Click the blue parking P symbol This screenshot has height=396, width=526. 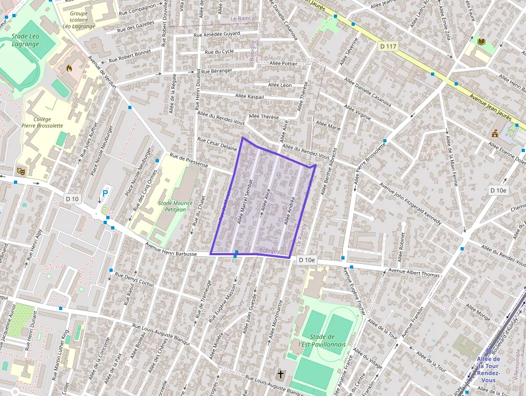pos(105,193)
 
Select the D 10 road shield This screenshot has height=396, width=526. pos(72,199)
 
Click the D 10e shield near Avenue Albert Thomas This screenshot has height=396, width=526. pos(307,260)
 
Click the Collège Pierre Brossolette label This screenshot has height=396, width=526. pos(42,122)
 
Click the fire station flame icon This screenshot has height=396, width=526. pos(69,68)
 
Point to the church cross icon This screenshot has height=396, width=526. pos(280,373)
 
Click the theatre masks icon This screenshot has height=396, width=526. pos(21,171)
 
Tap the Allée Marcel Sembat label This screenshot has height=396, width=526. pos(244,201)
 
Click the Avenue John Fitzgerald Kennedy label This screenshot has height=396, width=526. pos(410,204)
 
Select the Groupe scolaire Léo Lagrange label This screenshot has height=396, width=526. pos(78,20)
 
